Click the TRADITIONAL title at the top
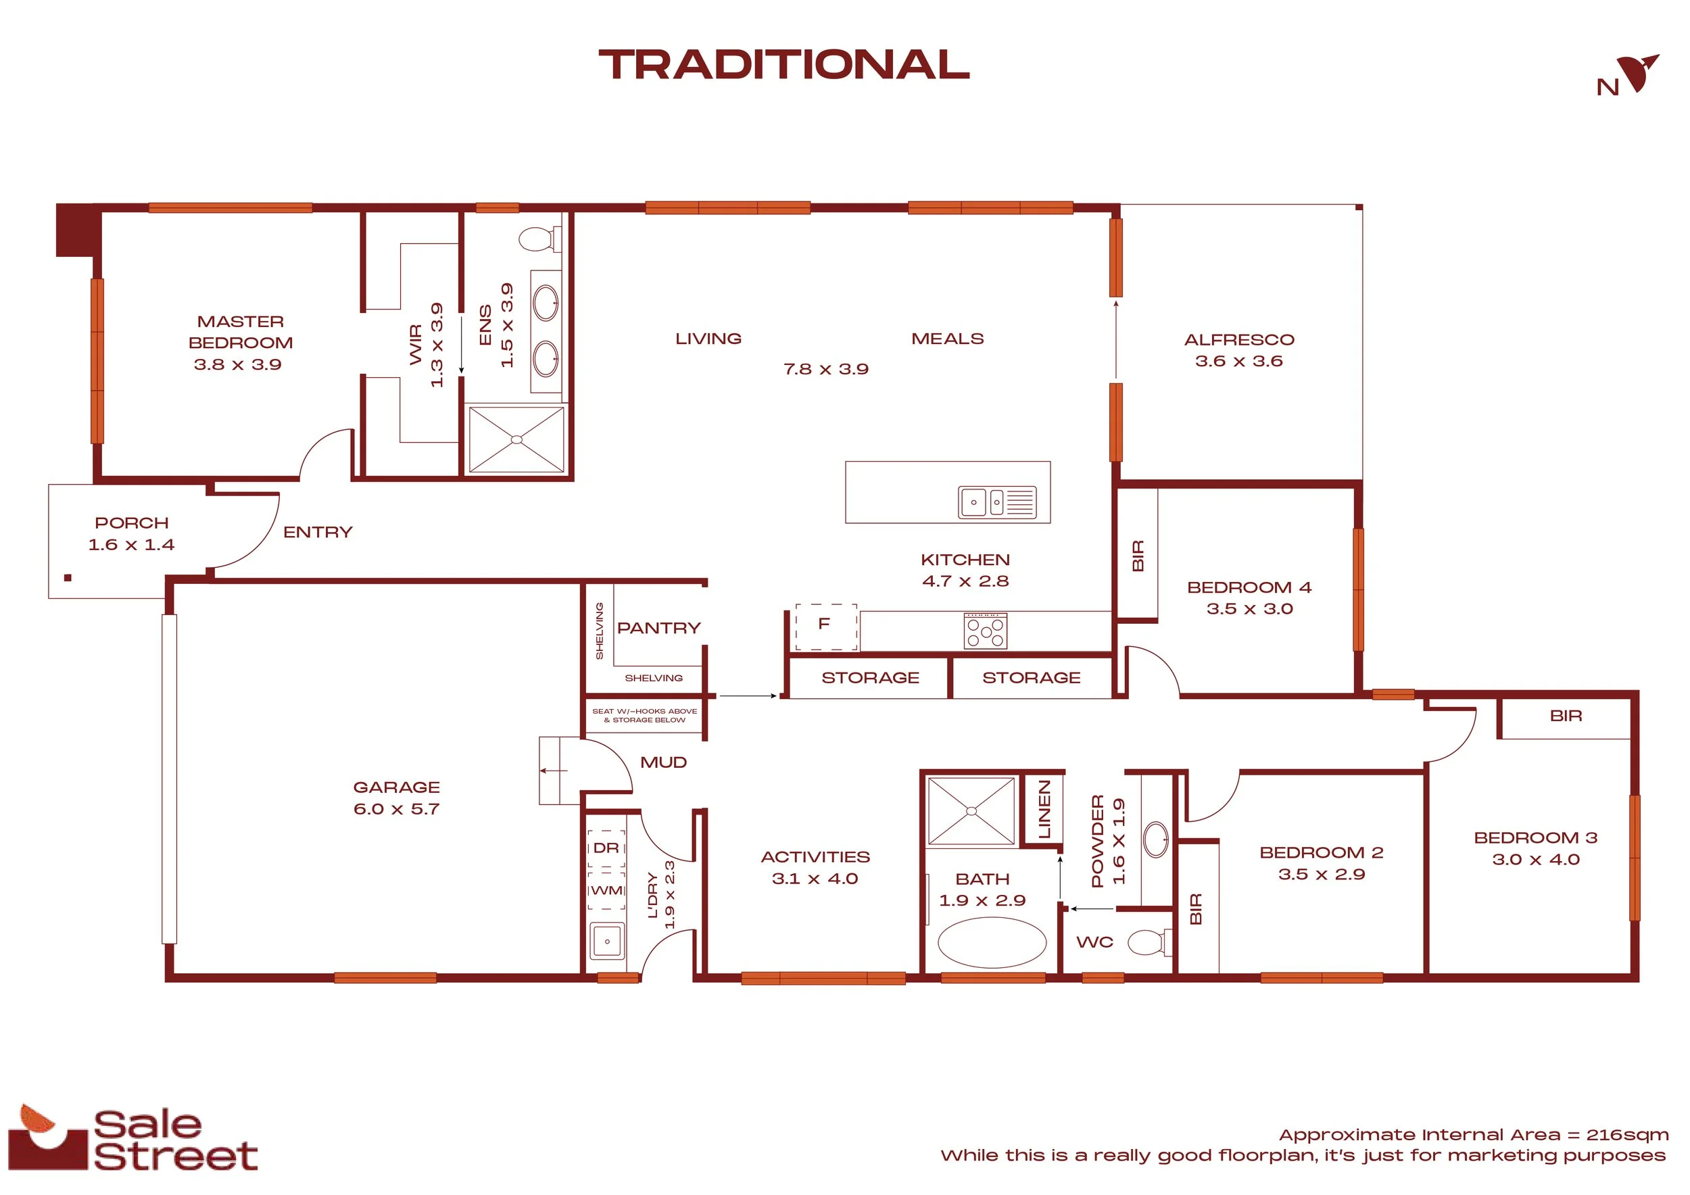pos(784,65)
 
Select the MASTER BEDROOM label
pos(241,332)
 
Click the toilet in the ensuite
pos(539,239)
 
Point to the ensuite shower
pos(516,439)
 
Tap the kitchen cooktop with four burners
pos(986,631)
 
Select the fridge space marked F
pos(826,627)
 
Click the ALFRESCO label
pos(1239,340)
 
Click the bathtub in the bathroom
pos(992,942)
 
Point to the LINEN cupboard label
pos(1044,810)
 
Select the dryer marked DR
pos(606,849)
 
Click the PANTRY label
pos(659,629)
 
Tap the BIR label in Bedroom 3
pos(1566,716)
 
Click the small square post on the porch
pos(68,578)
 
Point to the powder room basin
pos(1157,839)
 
